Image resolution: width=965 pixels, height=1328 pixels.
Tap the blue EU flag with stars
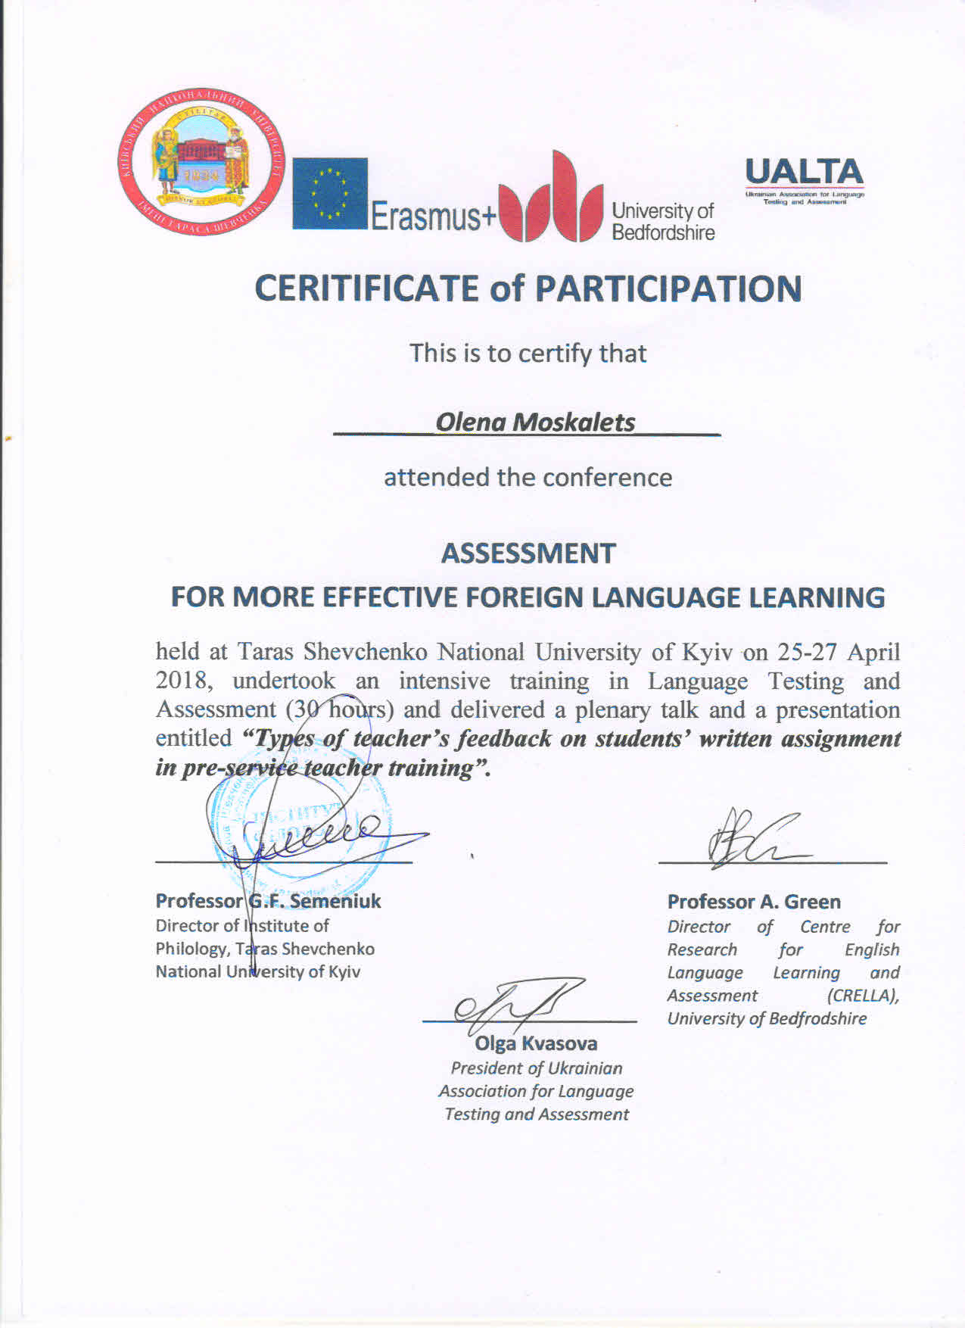[330, 193]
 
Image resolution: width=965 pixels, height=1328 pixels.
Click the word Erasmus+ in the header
[432, 217]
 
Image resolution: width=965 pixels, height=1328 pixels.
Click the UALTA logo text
[804, 174]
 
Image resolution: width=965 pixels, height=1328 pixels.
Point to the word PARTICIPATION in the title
[668, 289]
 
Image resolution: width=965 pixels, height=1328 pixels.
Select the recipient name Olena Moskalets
[535, 422]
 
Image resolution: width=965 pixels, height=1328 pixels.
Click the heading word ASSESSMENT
[528, 553]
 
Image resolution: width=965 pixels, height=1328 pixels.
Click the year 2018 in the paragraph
[181, 680]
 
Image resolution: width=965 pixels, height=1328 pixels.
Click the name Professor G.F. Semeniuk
[268, 901]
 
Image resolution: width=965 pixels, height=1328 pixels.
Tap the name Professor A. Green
[754, 902]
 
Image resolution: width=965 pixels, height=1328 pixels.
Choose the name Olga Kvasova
[536, 1043]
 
